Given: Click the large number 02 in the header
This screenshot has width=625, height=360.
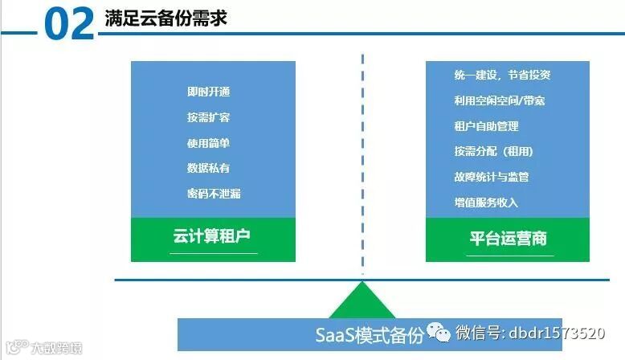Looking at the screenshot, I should [70, 25].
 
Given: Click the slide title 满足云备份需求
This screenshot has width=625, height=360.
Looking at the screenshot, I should [165, 18].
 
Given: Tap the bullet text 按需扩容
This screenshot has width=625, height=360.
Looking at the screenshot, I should [209, 117].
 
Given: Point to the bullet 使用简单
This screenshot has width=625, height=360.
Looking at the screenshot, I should [209, 143].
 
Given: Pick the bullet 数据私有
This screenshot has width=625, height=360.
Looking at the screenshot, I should [209, 168].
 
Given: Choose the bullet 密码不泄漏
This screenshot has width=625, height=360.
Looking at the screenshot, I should [214, 194].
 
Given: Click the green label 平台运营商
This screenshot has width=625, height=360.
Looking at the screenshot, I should [509, 239].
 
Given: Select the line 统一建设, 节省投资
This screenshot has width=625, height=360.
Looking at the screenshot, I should [501, 76].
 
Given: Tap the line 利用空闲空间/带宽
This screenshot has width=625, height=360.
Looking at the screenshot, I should [500, 101].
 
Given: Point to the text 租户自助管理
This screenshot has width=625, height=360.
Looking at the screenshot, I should [486, 126].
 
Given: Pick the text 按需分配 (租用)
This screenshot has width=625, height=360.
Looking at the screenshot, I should [493, 151].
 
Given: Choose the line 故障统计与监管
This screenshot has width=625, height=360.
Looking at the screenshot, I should [491, 177].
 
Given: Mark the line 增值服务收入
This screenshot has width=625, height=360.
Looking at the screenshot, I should [486, 202].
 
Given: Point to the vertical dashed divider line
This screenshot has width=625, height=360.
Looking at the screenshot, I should [362, 161].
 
